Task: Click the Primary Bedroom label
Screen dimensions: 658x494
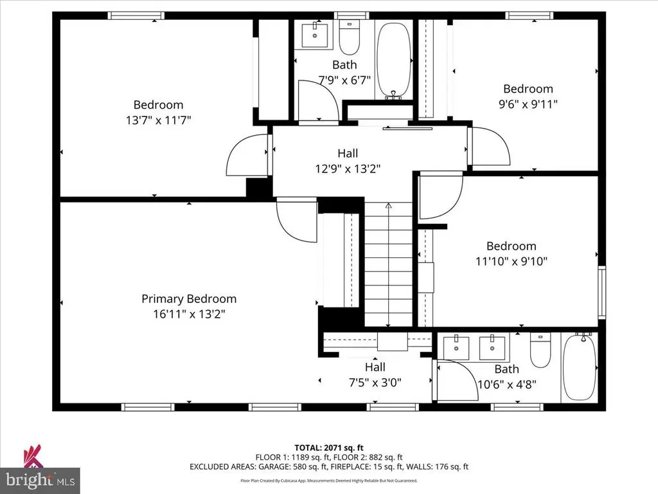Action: pyautogui.click(x=189, y=298)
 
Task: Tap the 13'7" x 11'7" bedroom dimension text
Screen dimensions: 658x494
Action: pyautogui.click(x=159, y=120)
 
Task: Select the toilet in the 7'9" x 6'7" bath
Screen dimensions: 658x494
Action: pyautogui.click(x=349, y=37)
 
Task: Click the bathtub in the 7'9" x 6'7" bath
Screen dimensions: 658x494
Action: pyautogui.click(x=393, y=61)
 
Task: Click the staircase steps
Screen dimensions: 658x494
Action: pyautogui.click(x=388, y=264)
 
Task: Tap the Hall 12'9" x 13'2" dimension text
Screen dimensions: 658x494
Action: pyautogui.click(x=348, y=169)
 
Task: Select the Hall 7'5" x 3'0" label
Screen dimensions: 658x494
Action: pyautogui.click(x=375, y=375)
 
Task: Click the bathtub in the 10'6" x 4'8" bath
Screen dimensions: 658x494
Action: pyautogui.click(x=579, y=366)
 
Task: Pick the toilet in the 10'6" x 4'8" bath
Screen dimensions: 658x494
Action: pyautogui.click(x=540, y=351)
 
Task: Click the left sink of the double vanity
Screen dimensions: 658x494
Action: pyautogui.click(x=456, y=348)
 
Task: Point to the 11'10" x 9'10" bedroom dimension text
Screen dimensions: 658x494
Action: pyautogui.click(x=511, y=261)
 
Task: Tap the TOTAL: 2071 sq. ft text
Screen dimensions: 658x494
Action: pyautogui.click(x=328, y=448)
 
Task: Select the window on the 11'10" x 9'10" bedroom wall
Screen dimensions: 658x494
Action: pyautogui.click(x=601, y=292)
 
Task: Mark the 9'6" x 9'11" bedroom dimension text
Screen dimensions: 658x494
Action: pyautogui.click(x=528, y=104)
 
